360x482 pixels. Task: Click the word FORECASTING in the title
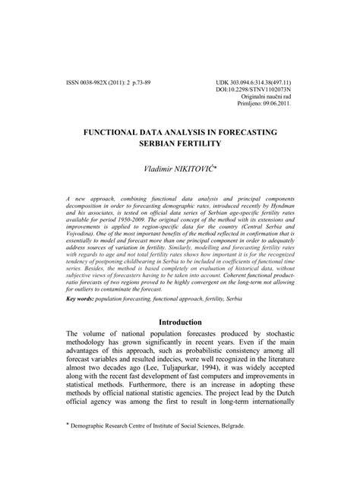pyautogui.click(x=239, y=131)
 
